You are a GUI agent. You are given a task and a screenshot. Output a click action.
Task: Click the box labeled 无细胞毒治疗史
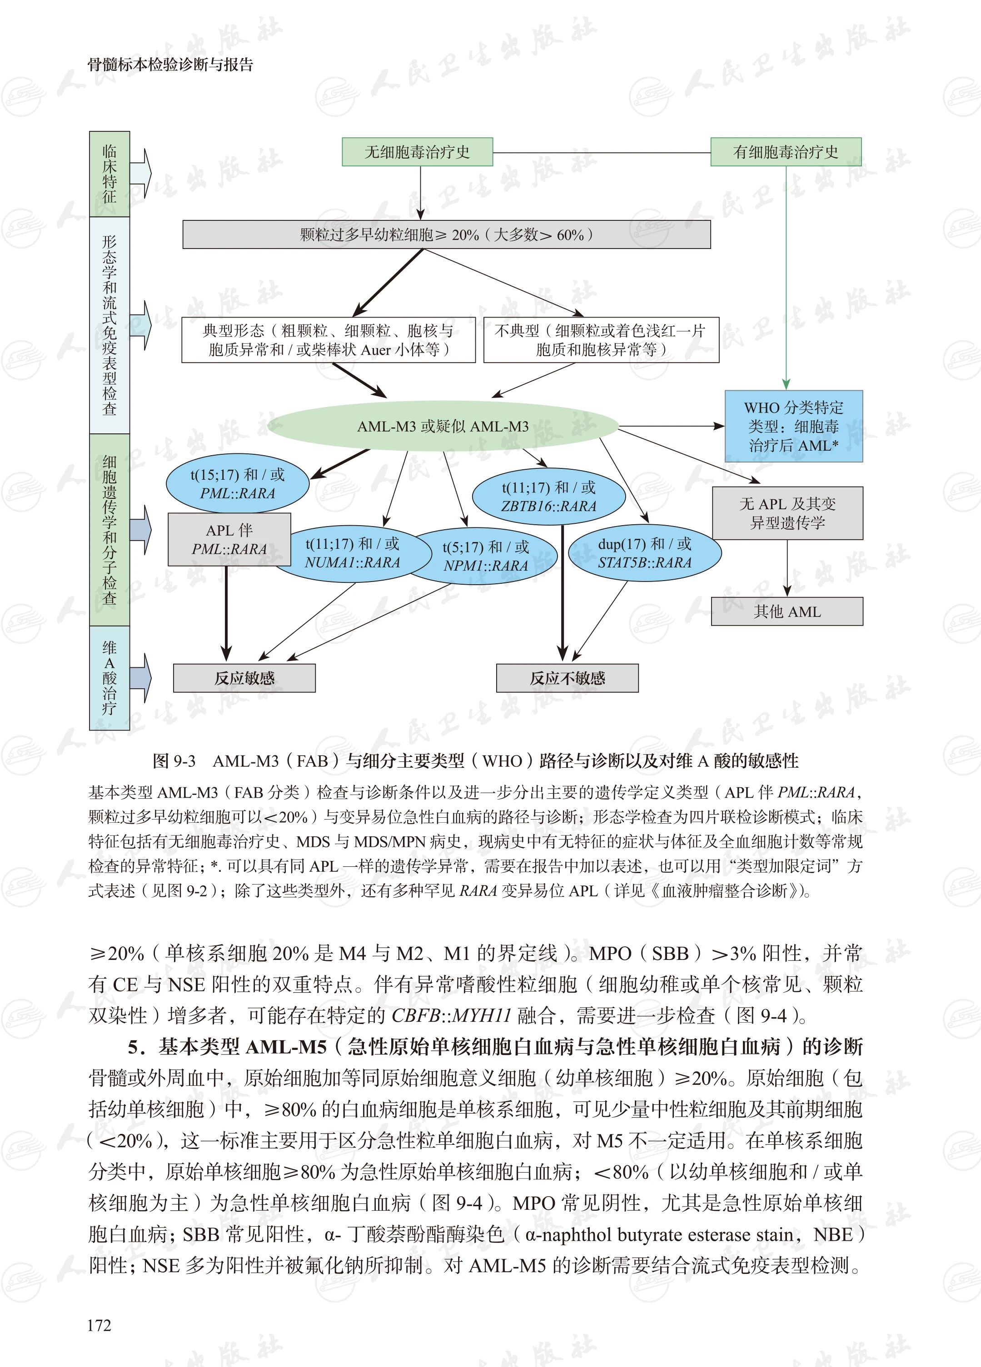pyautogui.click(x=417, y=152)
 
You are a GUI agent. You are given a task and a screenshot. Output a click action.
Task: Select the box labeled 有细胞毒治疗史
pyautogui.click(x=786, y=152)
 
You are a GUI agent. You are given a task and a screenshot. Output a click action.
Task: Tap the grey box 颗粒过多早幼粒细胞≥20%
pyautogui.click(x=446, y=234)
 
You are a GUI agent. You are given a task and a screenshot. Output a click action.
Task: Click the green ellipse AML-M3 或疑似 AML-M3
pyautogui.click(x=443, y=426)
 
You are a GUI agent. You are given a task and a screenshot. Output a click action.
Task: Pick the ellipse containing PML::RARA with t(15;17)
pyautogui.click(x=237, y=484)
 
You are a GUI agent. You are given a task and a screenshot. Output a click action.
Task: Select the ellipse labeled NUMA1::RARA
pyautogui.click(x=353, y=553)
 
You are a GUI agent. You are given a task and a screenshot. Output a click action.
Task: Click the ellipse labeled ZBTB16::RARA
pyautogui.click(x=548, y=497)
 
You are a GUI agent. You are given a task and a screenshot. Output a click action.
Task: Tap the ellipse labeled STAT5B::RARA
pyautogui.click(x=645, y=553)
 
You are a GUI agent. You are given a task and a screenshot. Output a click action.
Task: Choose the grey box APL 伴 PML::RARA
pyautogui.click(x=229, y=539)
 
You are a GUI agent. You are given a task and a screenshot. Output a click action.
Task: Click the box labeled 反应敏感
pyautogui.click(x=244, y=678)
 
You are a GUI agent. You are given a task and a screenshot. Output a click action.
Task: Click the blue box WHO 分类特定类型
pyautogui.click(x=793, y=426)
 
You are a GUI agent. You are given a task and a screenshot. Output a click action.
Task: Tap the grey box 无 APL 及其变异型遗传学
pyautogui.click(x=787, y=513)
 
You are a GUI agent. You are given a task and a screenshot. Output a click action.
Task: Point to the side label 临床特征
pyautogui.click(x=109, y=174)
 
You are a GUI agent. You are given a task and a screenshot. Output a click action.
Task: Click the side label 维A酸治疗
pyautogui.click(x=109, y=678)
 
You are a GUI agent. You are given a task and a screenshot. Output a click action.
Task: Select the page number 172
pyautogui.click(x=99, y=1325)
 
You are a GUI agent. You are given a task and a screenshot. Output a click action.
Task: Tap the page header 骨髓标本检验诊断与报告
pyautogui.click(x=171, y=65)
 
